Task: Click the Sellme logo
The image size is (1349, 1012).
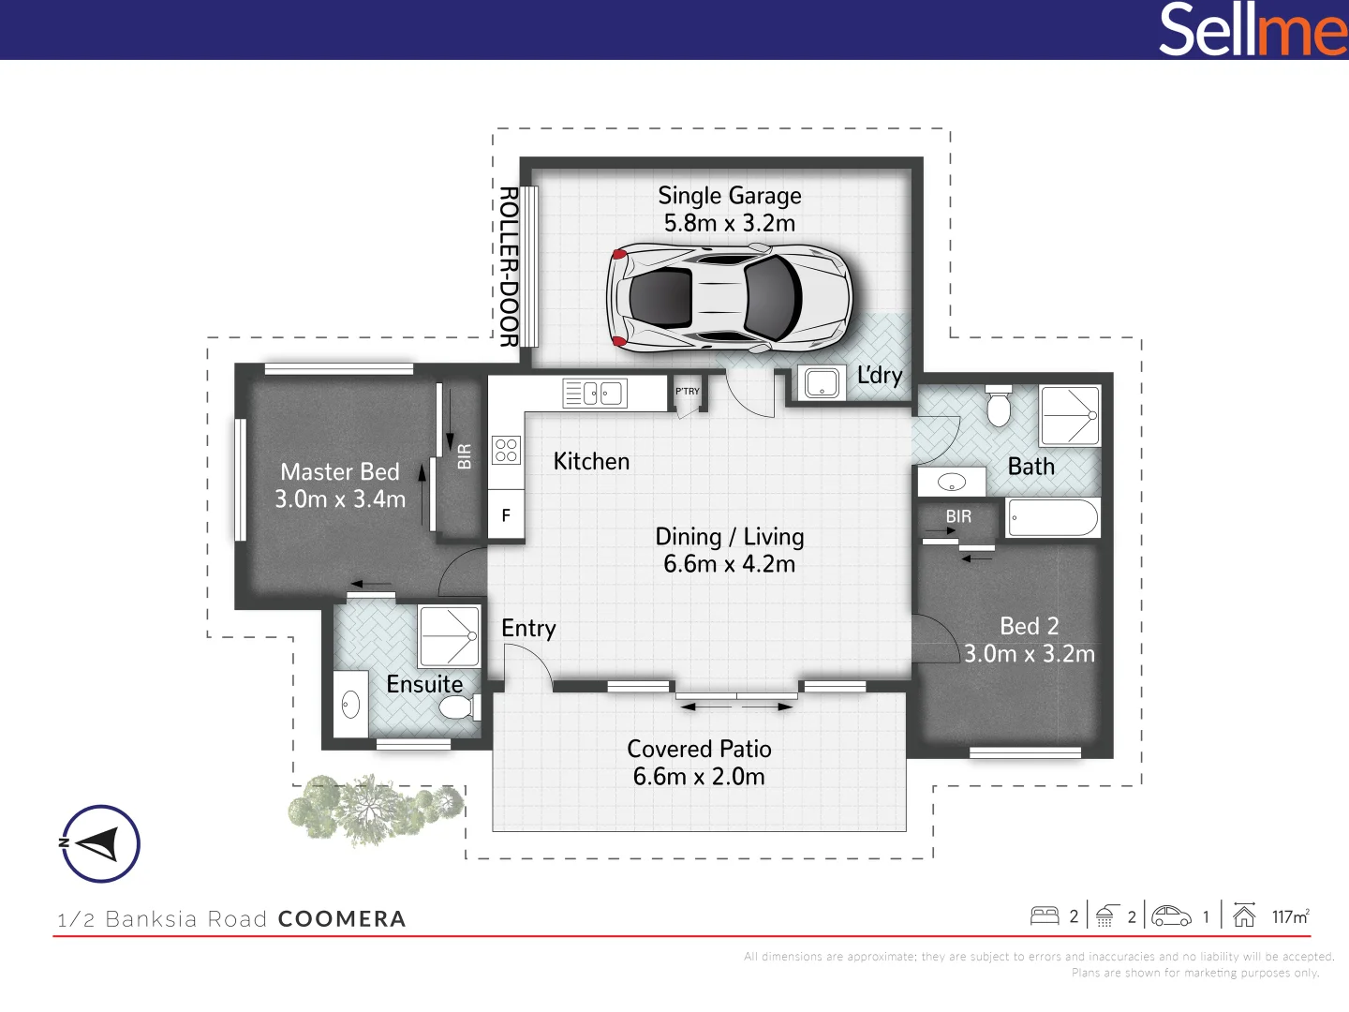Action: pyautogui.click(x=1252, y=30)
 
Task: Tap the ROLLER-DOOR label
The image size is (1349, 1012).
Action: pyautogui.click(x=509, y=267)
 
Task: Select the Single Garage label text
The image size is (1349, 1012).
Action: pyautogui.click(x=729, y=196)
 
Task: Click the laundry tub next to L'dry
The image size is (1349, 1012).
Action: pyautogui.click(x=823, y=383)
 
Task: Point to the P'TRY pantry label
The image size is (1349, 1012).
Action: pyautogui.click(x=688, y=392)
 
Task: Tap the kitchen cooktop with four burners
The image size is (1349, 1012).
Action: pyautogui.click(x=506, y=450)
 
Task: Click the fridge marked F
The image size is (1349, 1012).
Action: pyautogui.click(x=506, y=516)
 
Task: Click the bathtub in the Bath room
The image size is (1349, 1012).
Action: pyautogui.click(x=1053, y=517)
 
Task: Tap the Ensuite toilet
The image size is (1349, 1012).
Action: pyautogui.click(x=457, y=707)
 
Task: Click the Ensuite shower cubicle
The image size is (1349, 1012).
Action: pyautogui.click(x=450, y=636)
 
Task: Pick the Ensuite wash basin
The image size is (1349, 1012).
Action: pyautogui.click(x=351, y=705)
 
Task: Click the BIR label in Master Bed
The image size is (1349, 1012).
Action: pyautogui.click(x=465, y=456)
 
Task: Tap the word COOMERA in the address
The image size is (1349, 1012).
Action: pyautogui.click(x=342, y=919)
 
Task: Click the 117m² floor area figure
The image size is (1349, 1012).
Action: pyautogui.click(x=1290, y=916)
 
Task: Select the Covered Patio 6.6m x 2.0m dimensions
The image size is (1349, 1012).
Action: pyautogui.click(x=699, y=777)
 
